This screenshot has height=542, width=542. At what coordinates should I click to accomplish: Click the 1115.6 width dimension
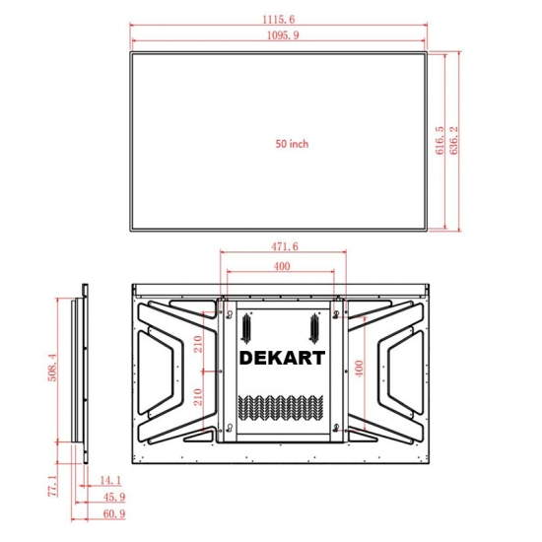tap(279, 20)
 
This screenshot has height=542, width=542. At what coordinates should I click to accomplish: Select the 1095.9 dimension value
tap(283, 35)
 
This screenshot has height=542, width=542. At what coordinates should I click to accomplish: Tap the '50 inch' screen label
tap(292, 144)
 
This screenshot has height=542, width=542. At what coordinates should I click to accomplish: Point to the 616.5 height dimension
tap(440, 140)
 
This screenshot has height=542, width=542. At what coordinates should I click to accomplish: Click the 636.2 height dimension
tap(454, 140)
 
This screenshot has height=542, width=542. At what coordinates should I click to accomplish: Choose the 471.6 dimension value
tap(284, 246)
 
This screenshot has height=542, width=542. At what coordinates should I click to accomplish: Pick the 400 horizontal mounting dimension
tap(282, 266)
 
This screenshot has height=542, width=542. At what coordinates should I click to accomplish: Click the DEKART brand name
tap(282, 358)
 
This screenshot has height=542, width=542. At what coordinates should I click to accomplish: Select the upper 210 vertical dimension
tap(198, 344)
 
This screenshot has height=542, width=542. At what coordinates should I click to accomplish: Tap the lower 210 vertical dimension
tap(198, 397)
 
